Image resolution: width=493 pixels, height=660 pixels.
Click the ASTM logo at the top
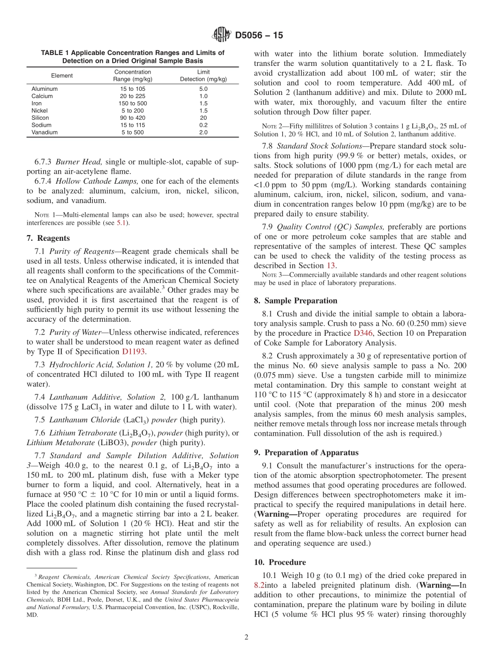[x=222, y=35]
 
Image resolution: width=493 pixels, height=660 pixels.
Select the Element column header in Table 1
[x=62, y=76]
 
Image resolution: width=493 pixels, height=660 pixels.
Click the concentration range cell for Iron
[x=132, y=103]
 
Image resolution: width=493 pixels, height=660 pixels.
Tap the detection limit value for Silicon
[x=203, y=118]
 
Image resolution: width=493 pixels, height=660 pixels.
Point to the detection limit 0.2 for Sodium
[x=203, y=125]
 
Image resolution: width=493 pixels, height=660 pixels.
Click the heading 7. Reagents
[x=48, y=238]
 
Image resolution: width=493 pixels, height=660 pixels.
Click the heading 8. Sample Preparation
[x=295, y=300]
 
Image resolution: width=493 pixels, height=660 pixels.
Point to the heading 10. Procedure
[x=280, y=562]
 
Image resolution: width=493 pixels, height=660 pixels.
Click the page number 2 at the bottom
[x=246, y=638]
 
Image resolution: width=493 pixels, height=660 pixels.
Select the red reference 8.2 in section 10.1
[x=260, y=585]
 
